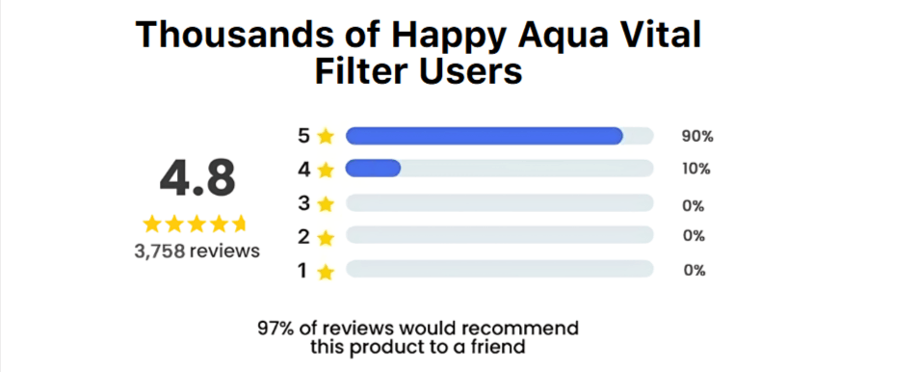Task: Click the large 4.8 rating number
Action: point(196,178)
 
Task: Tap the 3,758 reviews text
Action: point(196,251)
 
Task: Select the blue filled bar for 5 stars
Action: point(484,136)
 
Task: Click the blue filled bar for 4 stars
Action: point(373,169)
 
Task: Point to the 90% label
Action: point(697,136)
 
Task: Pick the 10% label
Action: point(696,169)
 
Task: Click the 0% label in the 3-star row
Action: point(694,205)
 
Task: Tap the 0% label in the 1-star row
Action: point(694,270)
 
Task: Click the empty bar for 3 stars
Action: point(499,204)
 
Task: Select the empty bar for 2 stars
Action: point(499,235)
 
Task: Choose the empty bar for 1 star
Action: point(499,270)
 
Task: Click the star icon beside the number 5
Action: point(326,137)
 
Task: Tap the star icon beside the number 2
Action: point(326,237)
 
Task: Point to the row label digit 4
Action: point(303,169)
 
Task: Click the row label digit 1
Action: point(303,271)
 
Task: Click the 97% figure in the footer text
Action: point(276,328)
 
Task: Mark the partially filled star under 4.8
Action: point(241,225)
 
